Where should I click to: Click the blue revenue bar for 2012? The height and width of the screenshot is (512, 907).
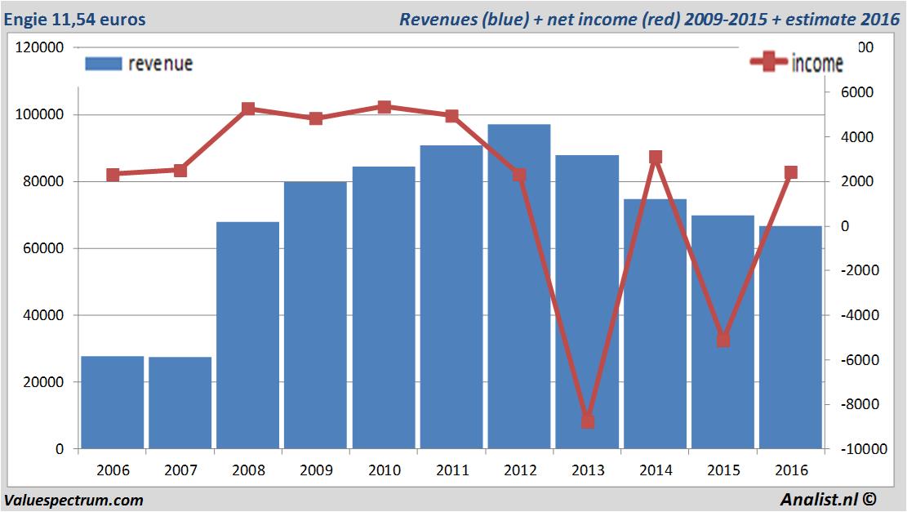(x=519, y=286)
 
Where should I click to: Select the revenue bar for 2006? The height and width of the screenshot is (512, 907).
(x=113, y=402)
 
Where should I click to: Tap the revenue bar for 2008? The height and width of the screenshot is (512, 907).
(x=248, y=335)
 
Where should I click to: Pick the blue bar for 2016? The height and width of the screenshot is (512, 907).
(x=790, y=336)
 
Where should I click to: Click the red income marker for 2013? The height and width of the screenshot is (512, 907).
(x=588, y=421)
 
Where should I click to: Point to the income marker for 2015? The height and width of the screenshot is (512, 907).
(x=723, y=340)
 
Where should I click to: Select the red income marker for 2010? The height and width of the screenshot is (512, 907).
(x=385, y=107)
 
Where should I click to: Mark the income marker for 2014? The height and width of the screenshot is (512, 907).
(x=656, y=157)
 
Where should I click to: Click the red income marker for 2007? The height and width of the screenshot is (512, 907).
(x=180, y=171)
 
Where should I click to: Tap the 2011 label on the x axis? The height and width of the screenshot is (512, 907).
(x=452, y=470)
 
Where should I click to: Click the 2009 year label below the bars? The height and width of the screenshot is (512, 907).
(x=316, y=470)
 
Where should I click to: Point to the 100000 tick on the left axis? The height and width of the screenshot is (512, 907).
(x=41, y=115)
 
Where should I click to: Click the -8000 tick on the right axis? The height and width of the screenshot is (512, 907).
(x=854, y=404)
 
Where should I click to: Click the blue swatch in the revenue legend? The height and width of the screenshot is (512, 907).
(x=103, y=64)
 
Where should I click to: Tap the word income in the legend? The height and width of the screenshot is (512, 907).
(x=817, y=64)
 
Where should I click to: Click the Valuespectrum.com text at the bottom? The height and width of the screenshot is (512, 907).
(x=73, y=500)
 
